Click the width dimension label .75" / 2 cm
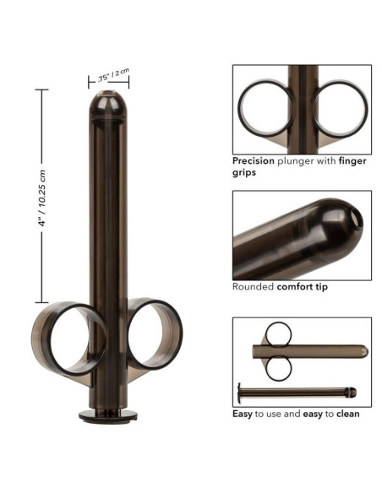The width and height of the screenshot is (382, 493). pyautogui.click(x=112, y=75)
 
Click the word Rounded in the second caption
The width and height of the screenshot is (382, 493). pyautogui.click(x=254, y=286)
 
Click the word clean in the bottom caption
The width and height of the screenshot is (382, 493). pyautogui.click(x=347, y=414)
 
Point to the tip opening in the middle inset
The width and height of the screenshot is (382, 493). pyautogui.click(x=356, y=220)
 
